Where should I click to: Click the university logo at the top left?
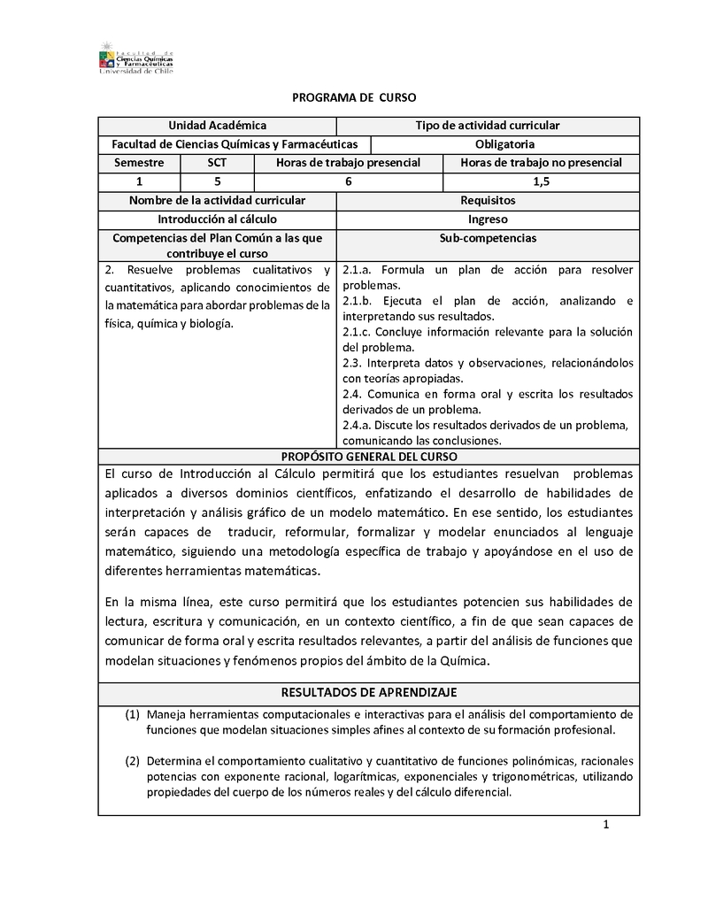click(x=135, y=57)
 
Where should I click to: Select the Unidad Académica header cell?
click(x=217, y=127)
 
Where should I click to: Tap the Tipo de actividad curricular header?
click(x=487, y=127)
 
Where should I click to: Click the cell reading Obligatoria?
click(x=504, y=144)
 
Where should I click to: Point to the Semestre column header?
click(x=139, y=163)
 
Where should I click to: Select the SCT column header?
click(x=217, y=163)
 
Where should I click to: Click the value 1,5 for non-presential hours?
click(x=541, y=181)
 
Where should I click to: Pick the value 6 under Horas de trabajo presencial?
click(x=348, y=181)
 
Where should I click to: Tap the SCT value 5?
click(x=217, y=181)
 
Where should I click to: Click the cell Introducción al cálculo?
click(x=217, y=219)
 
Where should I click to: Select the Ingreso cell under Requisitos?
click(x=488, y=219)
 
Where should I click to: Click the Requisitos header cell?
click(x=488, y=201)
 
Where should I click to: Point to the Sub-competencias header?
click(x=488, y=238)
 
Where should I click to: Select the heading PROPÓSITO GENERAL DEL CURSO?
click(x=369, y=457)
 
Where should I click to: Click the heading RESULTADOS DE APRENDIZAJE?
click(x=369, y=692)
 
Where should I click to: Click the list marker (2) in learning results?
click(x=132, y=760)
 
